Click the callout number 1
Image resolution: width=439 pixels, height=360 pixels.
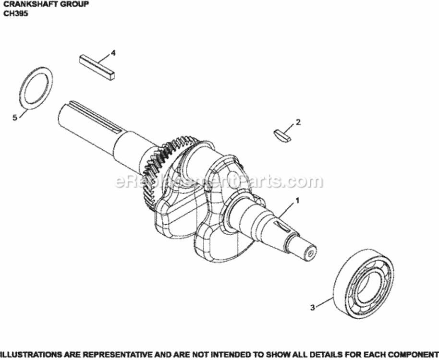(x=297, y=200)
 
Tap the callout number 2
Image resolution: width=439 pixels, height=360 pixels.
(x=298, y=122)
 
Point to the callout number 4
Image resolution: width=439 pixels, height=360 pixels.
(x=113, y=53)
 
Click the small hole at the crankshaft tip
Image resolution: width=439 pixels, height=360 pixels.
(x=310, y=252)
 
